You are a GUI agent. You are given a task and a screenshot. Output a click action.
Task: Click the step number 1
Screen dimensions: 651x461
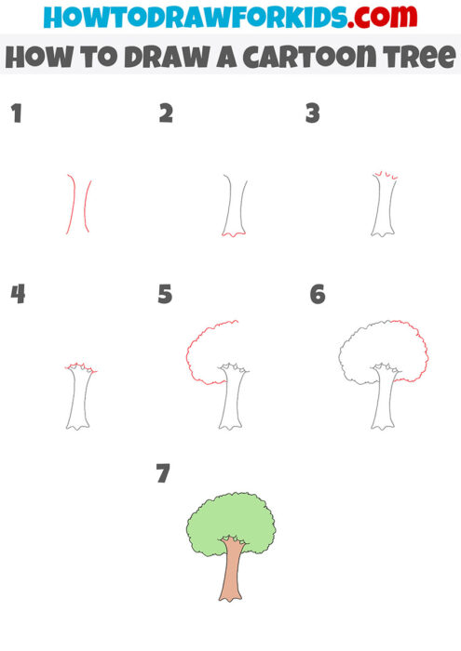pos(16,114)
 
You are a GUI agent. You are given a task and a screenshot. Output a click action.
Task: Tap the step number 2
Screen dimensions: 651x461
pos(166,114)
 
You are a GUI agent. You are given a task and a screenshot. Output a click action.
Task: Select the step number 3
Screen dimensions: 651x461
pos(313,114)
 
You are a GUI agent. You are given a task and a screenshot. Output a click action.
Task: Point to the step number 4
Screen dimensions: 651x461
pos(17,295)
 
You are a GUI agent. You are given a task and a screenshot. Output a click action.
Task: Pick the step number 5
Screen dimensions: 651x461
pos(166,295)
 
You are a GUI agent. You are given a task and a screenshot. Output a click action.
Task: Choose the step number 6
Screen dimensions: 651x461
pos(317,295)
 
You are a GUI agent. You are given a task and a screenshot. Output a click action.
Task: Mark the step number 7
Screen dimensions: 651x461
pos(164,473)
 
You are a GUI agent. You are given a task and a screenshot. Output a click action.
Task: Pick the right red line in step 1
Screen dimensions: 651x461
pos(88,205)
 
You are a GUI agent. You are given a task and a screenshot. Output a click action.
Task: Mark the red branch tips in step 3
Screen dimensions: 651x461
pos(382,174)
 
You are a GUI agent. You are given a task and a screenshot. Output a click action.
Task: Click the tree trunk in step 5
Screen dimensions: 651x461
pos(230,400)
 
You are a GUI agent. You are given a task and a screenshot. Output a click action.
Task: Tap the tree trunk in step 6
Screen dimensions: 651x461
pos(382,400)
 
